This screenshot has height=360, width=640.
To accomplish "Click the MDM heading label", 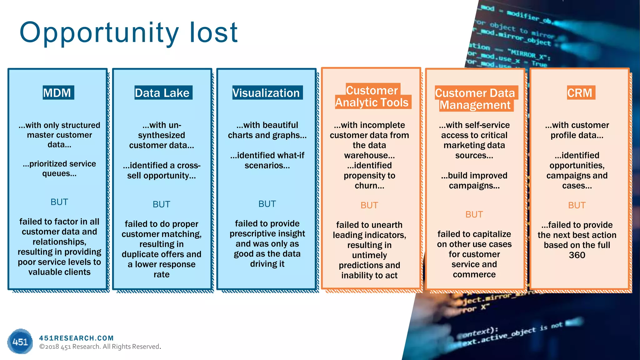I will [58, 93].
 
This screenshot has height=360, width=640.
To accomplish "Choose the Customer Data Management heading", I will [475, 99].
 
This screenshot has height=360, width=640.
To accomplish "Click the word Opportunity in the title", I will [99, 33].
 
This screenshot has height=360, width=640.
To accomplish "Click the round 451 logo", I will [20, 341].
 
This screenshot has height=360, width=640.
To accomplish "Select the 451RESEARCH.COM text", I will [77, 338].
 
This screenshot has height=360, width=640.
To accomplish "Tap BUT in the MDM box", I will [59, 202].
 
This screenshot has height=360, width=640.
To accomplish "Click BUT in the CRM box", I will [577, 205].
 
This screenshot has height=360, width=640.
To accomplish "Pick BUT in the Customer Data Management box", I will [474, 214].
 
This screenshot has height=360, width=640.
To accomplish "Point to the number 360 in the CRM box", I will [577, 255].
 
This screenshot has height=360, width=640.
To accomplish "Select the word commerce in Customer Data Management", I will [474, 274].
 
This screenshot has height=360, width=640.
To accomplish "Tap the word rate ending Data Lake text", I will [162, 274].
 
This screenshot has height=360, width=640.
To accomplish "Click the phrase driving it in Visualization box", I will [267, 264].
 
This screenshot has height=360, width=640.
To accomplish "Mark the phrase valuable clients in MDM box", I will [59, 272].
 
